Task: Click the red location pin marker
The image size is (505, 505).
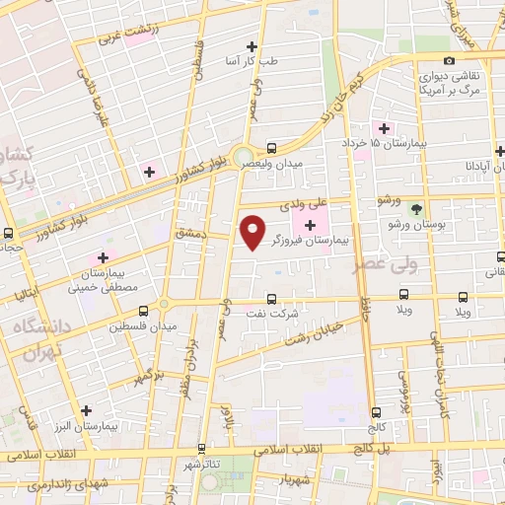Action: point(253,231)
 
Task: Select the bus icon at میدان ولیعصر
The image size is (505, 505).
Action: point(271,146)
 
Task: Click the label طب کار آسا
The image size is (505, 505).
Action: point(253,61)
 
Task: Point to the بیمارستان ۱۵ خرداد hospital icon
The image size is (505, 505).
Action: point(383,129)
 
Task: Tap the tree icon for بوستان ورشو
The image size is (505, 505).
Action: point(416,209)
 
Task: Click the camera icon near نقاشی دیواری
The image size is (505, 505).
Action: point(450,61)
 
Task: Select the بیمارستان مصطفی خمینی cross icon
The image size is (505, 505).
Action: point(102,257)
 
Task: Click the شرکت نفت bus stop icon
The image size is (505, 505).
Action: point(271,298)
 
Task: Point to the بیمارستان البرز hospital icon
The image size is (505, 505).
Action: point(86,410)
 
